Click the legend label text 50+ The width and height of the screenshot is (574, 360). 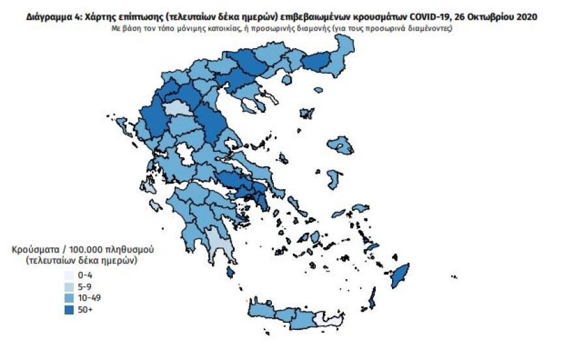point(85,309)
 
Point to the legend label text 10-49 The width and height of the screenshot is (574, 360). point(89,298)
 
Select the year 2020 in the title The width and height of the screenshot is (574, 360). point(526,18)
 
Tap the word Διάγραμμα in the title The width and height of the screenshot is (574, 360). point(51,18)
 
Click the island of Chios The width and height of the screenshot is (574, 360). point(335,177)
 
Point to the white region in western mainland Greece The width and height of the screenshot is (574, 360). point(183,155)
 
